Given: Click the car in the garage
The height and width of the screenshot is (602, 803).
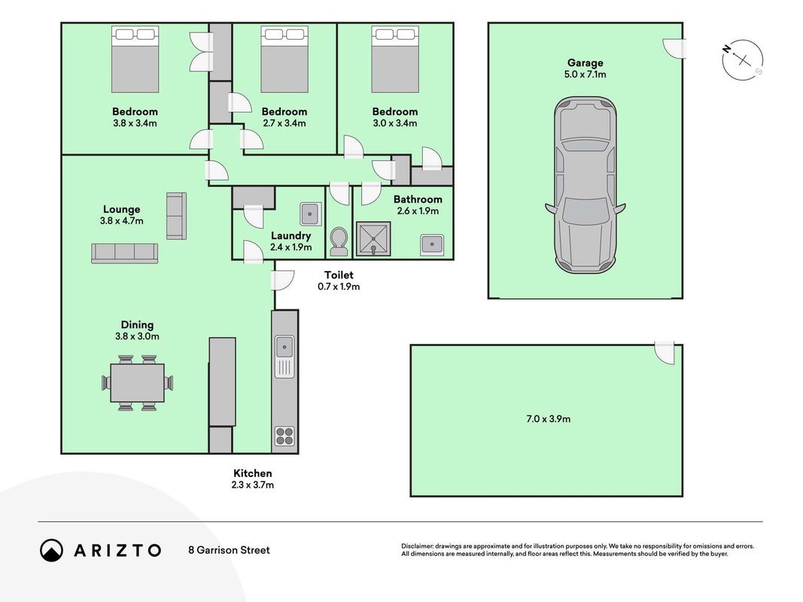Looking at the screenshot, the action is [x=586, y=185].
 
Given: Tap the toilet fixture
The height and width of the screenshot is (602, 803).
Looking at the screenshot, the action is [x=339, y=242].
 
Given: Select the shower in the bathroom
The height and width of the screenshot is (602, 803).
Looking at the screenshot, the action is [x=373, y=239].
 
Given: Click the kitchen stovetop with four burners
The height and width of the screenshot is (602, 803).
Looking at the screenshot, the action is [x=284, y=436].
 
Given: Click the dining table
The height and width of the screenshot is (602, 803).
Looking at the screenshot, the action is [x=137, y=383].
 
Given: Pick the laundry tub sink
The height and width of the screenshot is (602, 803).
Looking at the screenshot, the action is [x=310, y=214].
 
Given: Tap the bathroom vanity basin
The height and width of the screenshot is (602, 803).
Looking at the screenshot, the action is [x=432, y=245].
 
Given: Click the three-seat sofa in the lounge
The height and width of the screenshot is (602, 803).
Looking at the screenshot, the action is [x=124, y=254].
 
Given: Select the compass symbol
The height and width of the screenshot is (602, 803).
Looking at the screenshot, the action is [x=743, y=60].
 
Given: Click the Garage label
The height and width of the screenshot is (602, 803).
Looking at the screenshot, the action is [x=586, y=63].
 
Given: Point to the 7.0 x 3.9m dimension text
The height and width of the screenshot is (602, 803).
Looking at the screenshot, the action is [x=549, y=418].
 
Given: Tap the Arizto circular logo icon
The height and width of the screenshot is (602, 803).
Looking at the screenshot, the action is [x=52, y=550].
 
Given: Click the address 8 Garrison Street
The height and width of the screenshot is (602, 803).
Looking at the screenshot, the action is [x=229, y=550].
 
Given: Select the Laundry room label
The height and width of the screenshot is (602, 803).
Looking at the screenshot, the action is [x=291, y=236].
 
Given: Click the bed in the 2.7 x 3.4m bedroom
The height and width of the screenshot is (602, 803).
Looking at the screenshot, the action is [x=284, y=59].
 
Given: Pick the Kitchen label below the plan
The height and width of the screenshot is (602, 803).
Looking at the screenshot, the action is [x=252, y=473].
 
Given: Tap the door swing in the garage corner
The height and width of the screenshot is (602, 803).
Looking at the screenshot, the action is [x=674, y=49].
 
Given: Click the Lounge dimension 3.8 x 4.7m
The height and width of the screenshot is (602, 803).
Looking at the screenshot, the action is [x=122, y=221].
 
